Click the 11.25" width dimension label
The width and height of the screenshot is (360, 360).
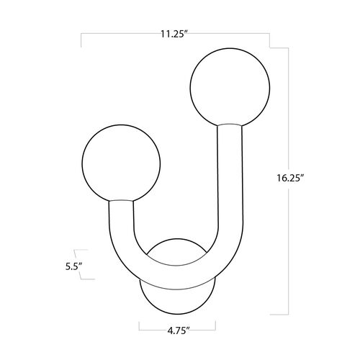(174, 35)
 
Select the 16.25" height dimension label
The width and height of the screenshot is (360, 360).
(290, 179)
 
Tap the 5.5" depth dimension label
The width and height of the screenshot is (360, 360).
(74, 266)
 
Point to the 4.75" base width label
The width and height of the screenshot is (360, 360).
(177, 331)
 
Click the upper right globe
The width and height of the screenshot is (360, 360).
(230, 87)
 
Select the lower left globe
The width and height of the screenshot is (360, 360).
(121, 163)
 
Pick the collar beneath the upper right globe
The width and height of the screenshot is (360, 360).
(230, 125)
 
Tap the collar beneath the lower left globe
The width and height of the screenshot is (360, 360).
(121, 200)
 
